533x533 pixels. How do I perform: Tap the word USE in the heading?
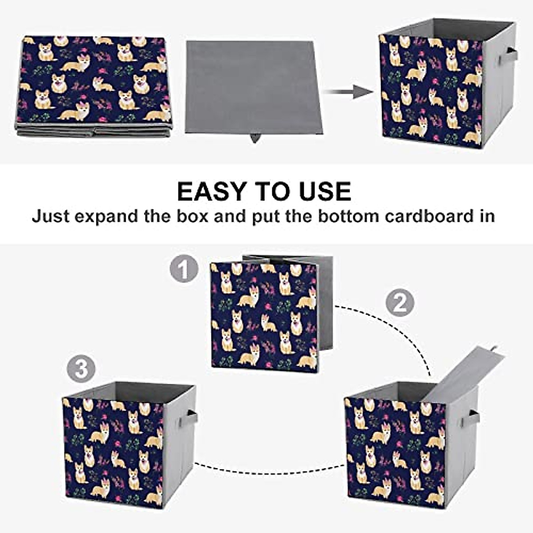(326, 191)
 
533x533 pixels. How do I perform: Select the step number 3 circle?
(81, 368)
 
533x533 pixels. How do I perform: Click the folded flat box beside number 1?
(264, 315)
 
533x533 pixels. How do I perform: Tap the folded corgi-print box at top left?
(94, 84)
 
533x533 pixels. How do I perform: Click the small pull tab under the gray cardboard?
(255, 138)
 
